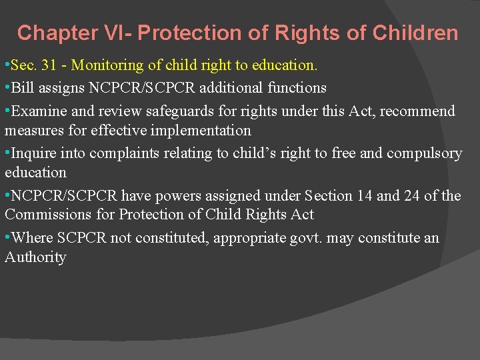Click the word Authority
(x=35, y=257)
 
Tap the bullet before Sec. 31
(x=7, y=65)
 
